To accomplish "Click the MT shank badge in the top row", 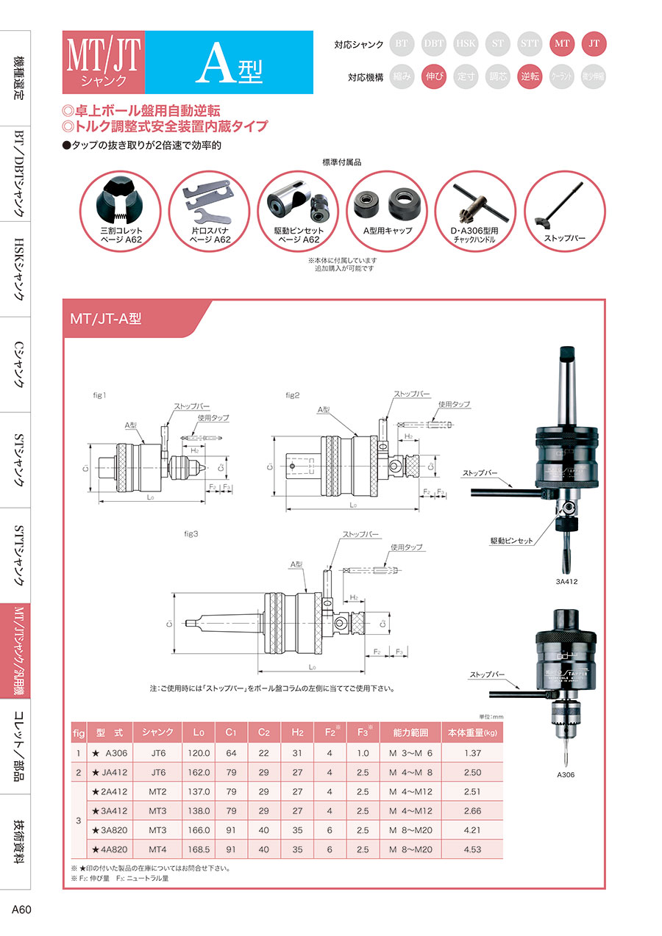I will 563,44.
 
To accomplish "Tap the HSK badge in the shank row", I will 466,44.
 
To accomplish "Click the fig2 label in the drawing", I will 293,395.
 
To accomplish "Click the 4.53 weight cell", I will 472,849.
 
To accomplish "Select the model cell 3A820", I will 112,829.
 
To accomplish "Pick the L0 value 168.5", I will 199,849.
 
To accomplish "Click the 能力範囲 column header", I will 410,732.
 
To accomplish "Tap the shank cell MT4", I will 157,849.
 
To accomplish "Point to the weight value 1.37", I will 472,752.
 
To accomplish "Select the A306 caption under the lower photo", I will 566,774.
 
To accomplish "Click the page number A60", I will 21,910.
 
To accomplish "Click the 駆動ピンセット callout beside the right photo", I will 512,541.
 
